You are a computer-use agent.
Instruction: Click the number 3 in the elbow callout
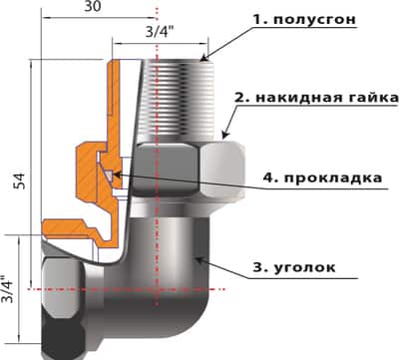pyautogui.click(x=263, y=267)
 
